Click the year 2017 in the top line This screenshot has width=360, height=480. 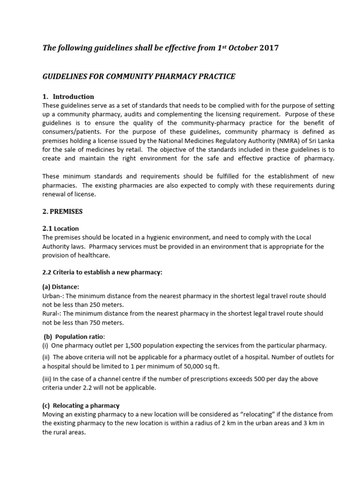269,48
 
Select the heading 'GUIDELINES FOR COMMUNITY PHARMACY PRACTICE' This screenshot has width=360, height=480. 139,76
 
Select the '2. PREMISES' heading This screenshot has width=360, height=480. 62,211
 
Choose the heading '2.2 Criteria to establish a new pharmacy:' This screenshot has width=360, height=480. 102,272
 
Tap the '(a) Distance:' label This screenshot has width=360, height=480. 61,286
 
